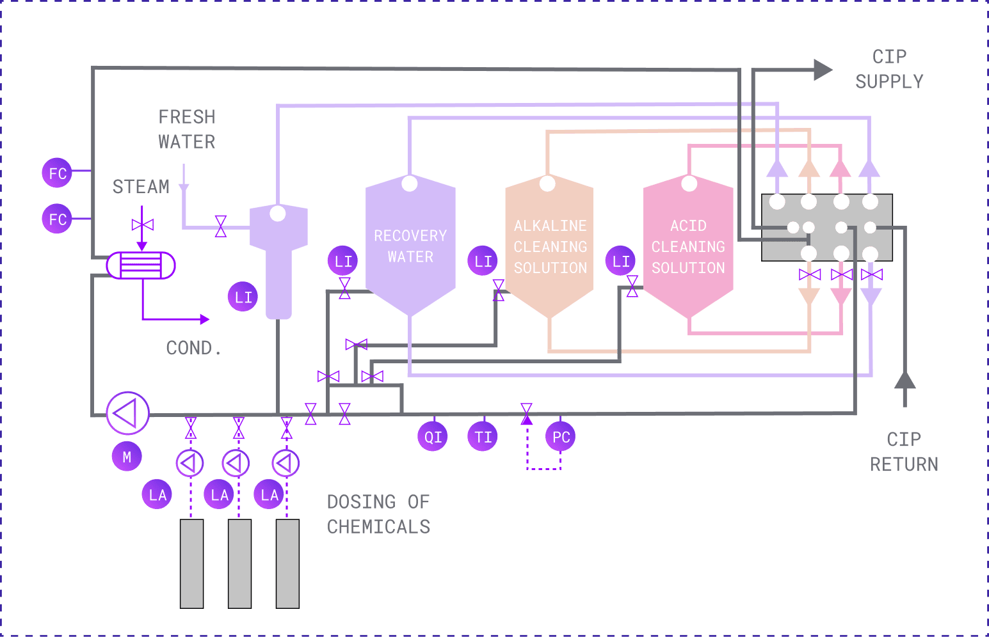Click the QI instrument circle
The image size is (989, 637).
click(x=433, y=437)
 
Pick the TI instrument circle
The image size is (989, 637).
click(x=483, y=437)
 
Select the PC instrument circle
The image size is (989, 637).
click(x=561, y=437)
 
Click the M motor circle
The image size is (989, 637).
click(x=127, y=457)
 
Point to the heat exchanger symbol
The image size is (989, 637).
click(x=141, y=265)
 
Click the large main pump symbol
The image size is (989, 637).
click(x=127, y=413)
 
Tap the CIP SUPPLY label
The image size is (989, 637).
click(x=889, y=69)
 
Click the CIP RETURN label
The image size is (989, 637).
click(x=904, y=452)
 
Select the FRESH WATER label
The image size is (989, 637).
click(x=187, y=129)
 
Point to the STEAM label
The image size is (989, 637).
click(x=141, y=187)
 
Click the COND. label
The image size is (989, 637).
click(x=193, y=348)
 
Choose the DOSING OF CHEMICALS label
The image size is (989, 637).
click(x=378, y=514)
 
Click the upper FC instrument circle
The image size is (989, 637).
click(x=57, y=173)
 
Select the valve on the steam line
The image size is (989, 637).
click(x=142, y=225)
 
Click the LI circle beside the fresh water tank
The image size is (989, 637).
click(x=243, y=297)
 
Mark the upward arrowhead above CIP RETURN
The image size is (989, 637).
click(x=905, y=380)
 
